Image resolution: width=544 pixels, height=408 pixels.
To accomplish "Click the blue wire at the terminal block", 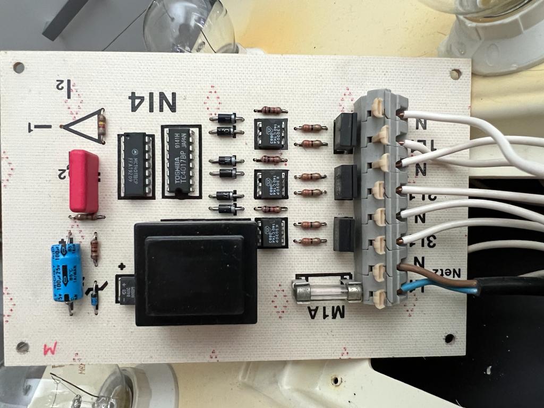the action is click(x=420, y=288).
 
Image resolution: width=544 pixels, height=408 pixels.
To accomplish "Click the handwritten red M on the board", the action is click(x=50, y=349).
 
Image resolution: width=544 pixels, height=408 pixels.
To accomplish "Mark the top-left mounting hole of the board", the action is click(x=19, y=67).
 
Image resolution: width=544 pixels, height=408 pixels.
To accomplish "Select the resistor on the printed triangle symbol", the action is click(x=101, y=126).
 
